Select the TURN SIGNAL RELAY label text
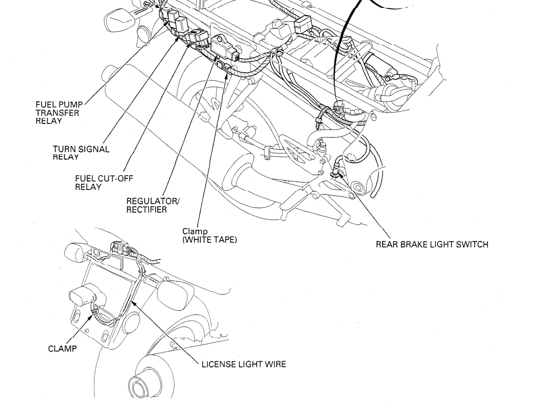[x=81, y=153]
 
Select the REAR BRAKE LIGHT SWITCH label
[x=432, y=244]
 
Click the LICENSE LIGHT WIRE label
[x=243, y=365]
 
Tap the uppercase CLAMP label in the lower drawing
[x=62, y=349]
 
